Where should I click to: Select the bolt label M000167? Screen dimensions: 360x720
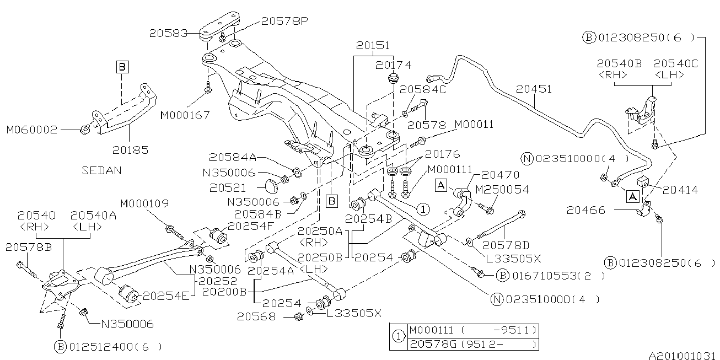tap(185, 116)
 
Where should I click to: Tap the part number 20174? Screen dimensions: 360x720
tap(393, 65)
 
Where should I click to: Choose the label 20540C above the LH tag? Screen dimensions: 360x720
tap(675, 64)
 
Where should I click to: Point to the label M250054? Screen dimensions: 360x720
tap(502, 190)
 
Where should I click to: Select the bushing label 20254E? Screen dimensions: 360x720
tap(165, 296)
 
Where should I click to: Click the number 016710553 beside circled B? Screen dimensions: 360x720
tap(545, 275)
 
